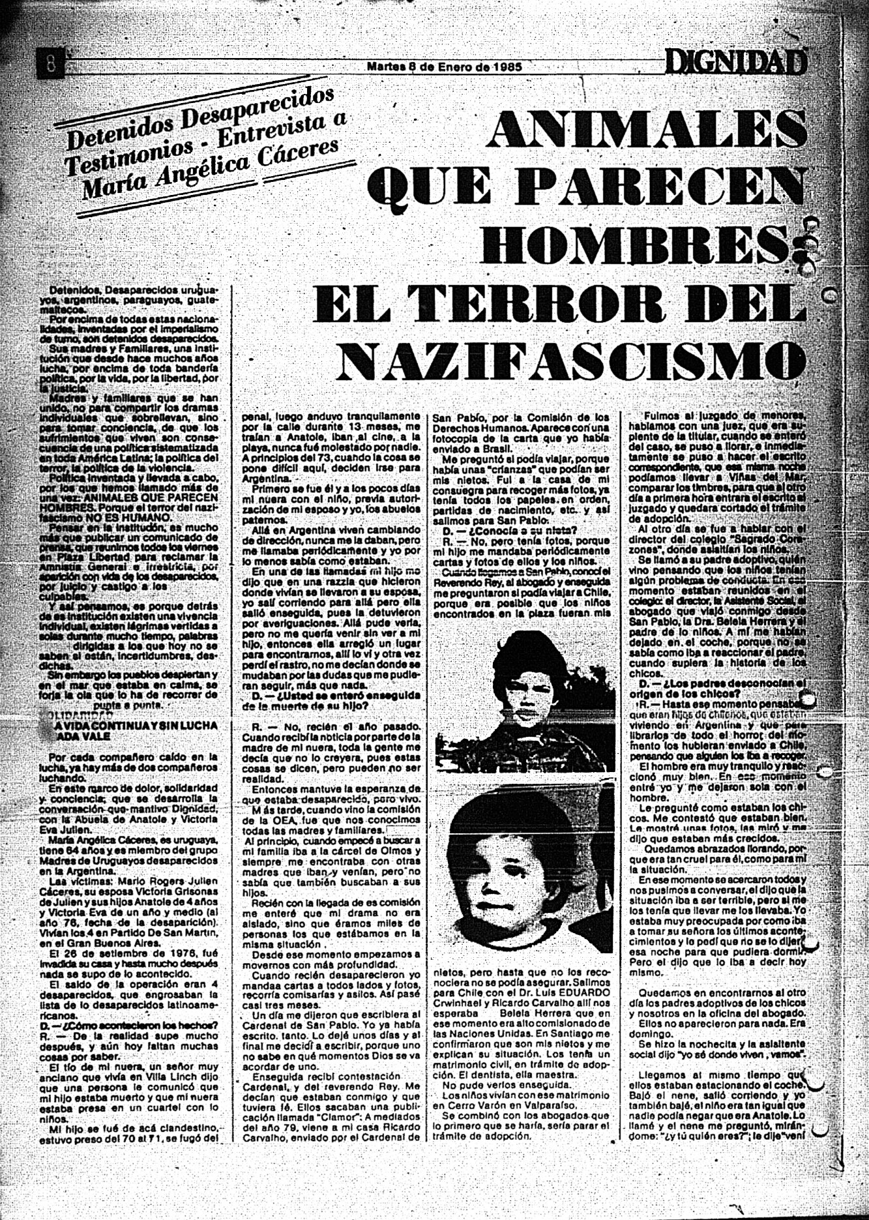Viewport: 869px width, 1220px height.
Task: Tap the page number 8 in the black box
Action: pos(51,64)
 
